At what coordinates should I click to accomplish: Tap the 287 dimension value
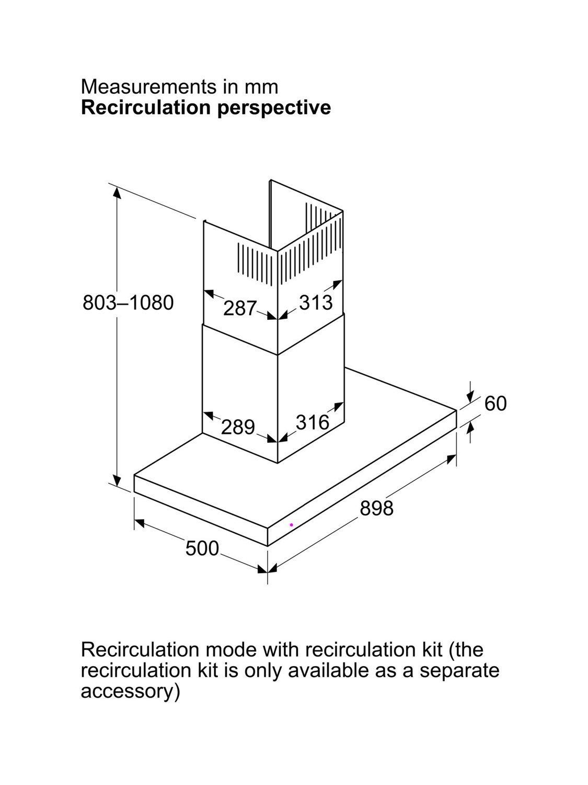[240, 308]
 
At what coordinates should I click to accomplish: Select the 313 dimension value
[316, 302]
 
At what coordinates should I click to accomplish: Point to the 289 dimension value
[238, 427]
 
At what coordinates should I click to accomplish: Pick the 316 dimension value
[313, 422]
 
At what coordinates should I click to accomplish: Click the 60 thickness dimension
[495, 403]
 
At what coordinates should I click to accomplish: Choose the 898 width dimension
[377, 508]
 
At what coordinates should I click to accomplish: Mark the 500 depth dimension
[202, 548]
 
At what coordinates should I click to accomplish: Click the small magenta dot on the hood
[291, 525]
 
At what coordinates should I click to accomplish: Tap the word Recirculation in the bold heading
[147, 107]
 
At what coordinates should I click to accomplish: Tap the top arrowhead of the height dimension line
[117, 193]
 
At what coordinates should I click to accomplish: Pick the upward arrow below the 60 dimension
[470, 432]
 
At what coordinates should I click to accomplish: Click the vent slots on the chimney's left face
[254, 264]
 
